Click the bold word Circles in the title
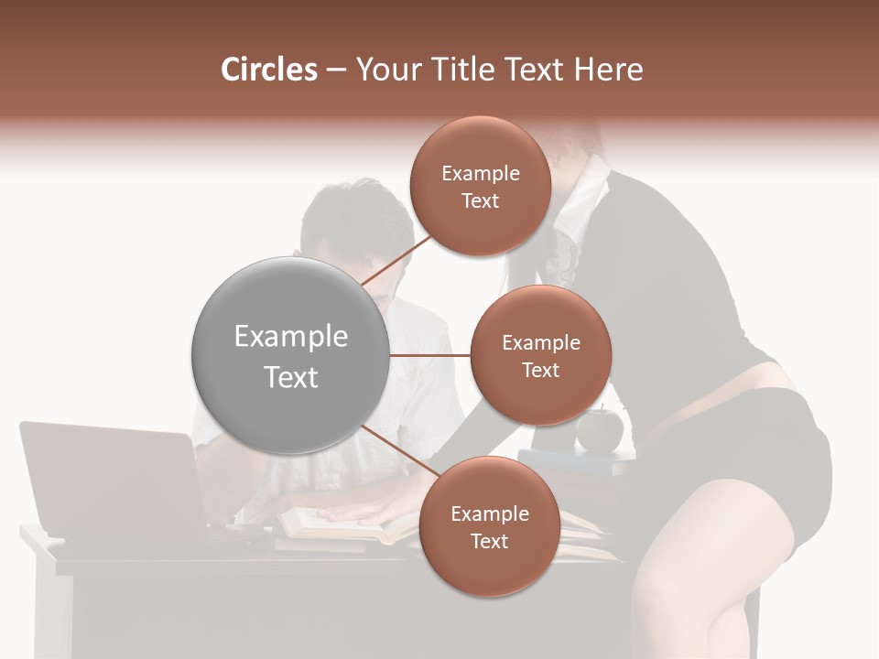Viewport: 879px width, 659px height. click(x=268, y=70)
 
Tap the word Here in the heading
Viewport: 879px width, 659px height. click(x=607, y=70)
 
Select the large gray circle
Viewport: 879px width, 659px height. click(x=290, y=356)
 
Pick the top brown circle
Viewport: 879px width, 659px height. click(x=480, y=186)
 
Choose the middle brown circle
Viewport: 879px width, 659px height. click(x=540, y=355)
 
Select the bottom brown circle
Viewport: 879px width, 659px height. click(x=489, y=526)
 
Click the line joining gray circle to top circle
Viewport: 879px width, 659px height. click(x=398, y=259)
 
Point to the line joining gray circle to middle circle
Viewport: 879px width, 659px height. click(x=430, y=355)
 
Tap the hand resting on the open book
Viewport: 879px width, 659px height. click(x=366, y=508)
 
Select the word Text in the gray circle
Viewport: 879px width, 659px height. click(x=290, y=377)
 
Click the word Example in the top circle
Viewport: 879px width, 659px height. click(x=480, y=173)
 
